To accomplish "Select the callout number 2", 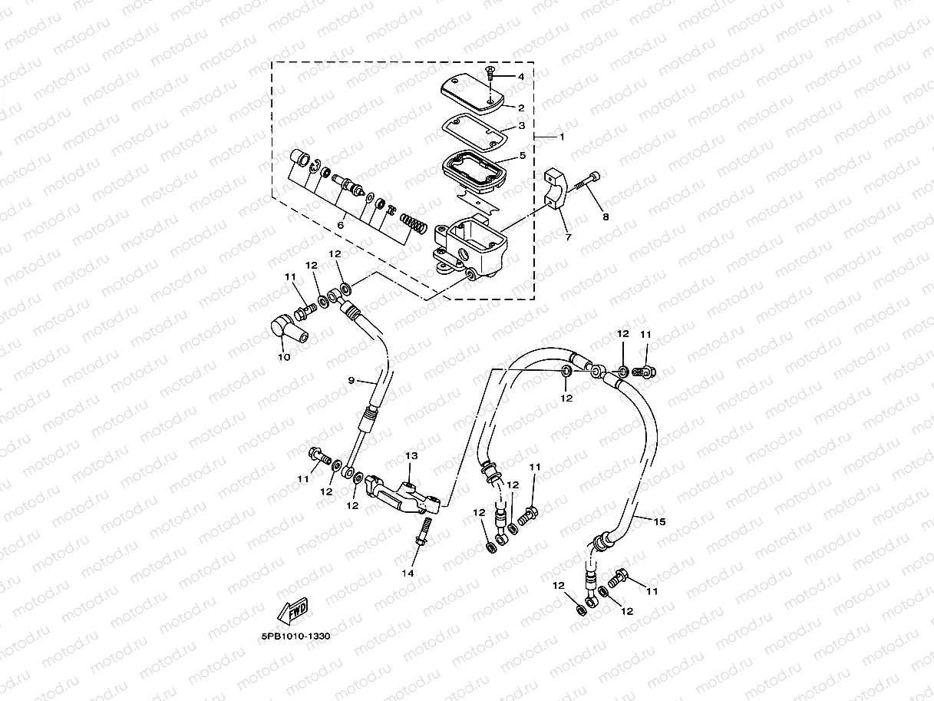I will (521, 108).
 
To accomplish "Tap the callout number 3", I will (521, 125).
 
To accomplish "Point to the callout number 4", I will (520, 77).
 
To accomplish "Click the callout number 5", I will (522, 155).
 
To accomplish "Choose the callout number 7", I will (568, 236).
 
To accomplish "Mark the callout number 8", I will (605, 217).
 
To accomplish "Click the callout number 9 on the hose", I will (351, 380).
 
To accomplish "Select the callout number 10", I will (284, 357).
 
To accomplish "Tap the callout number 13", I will (411, 456).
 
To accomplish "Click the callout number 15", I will (659, 521).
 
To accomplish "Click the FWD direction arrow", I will (292, 612).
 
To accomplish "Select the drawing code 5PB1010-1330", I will (294, 637).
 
